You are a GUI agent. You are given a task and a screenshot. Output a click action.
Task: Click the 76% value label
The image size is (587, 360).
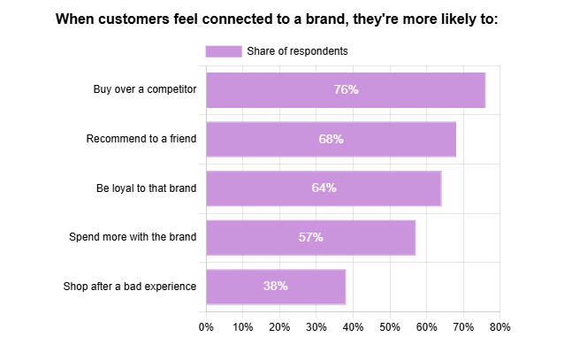coord(346,89)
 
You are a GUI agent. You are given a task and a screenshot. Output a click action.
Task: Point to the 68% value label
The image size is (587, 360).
coord(331,139)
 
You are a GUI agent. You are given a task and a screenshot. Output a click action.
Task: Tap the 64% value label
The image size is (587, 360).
coord(324,188)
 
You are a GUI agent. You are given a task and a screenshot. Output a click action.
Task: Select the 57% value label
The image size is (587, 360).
coord(310,237)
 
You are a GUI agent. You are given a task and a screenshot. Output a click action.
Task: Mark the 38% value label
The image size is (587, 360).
coord(275,286)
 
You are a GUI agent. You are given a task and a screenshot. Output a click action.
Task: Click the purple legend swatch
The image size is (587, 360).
coord(223,51)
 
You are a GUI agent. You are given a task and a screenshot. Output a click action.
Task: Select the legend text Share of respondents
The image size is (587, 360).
coord(297,51)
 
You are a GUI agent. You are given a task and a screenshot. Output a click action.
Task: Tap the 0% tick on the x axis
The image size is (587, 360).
coord(206,327)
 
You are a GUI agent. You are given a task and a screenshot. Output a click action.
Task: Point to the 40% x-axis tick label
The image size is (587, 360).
coord(353,327)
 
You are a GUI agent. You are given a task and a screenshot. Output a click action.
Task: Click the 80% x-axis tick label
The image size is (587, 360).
coord(499,327)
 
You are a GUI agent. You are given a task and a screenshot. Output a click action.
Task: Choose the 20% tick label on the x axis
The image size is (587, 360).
coord(279,327)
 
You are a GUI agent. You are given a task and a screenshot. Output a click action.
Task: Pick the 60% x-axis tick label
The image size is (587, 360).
coord(426,327)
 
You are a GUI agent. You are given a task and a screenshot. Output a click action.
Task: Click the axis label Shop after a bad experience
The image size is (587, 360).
coord(129,286)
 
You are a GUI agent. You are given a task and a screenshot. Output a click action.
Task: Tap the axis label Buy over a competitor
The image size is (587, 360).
coord(144,89)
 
